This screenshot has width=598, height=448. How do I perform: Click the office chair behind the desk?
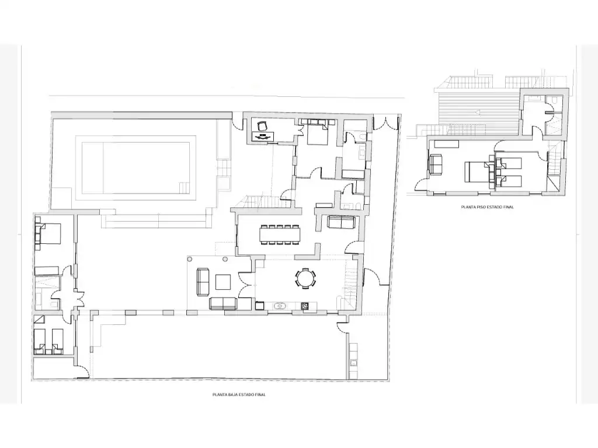[262, 126]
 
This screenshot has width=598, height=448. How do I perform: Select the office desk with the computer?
[263, 136]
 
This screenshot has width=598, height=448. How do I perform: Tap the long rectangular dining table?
[280, 234]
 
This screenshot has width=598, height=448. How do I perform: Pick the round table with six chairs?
[305, 278]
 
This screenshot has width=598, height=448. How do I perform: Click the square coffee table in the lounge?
[223, 282]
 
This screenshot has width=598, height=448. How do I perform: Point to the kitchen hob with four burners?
[305, 306]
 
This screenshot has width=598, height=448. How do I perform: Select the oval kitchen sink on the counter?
[280, 306]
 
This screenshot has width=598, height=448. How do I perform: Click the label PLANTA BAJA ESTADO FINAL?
[239, 395]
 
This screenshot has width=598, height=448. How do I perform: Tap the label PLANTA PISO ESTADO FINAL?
[488, 207]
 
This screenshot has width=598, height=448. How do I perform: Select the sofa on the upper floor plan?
[436, 164]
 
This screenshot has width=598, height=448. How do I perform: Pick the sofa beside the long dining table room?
[341, 222]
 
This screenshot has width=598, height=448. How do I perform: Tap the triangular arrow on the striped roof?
[476, 111]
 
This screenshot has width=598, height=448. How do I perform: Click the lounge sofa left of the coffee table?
[203, 282]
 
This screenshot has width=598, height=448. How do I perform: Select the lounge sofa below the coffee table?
[223, 303]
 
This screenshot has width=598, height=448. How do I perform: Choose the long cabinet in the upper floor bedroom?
[447, 144]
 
